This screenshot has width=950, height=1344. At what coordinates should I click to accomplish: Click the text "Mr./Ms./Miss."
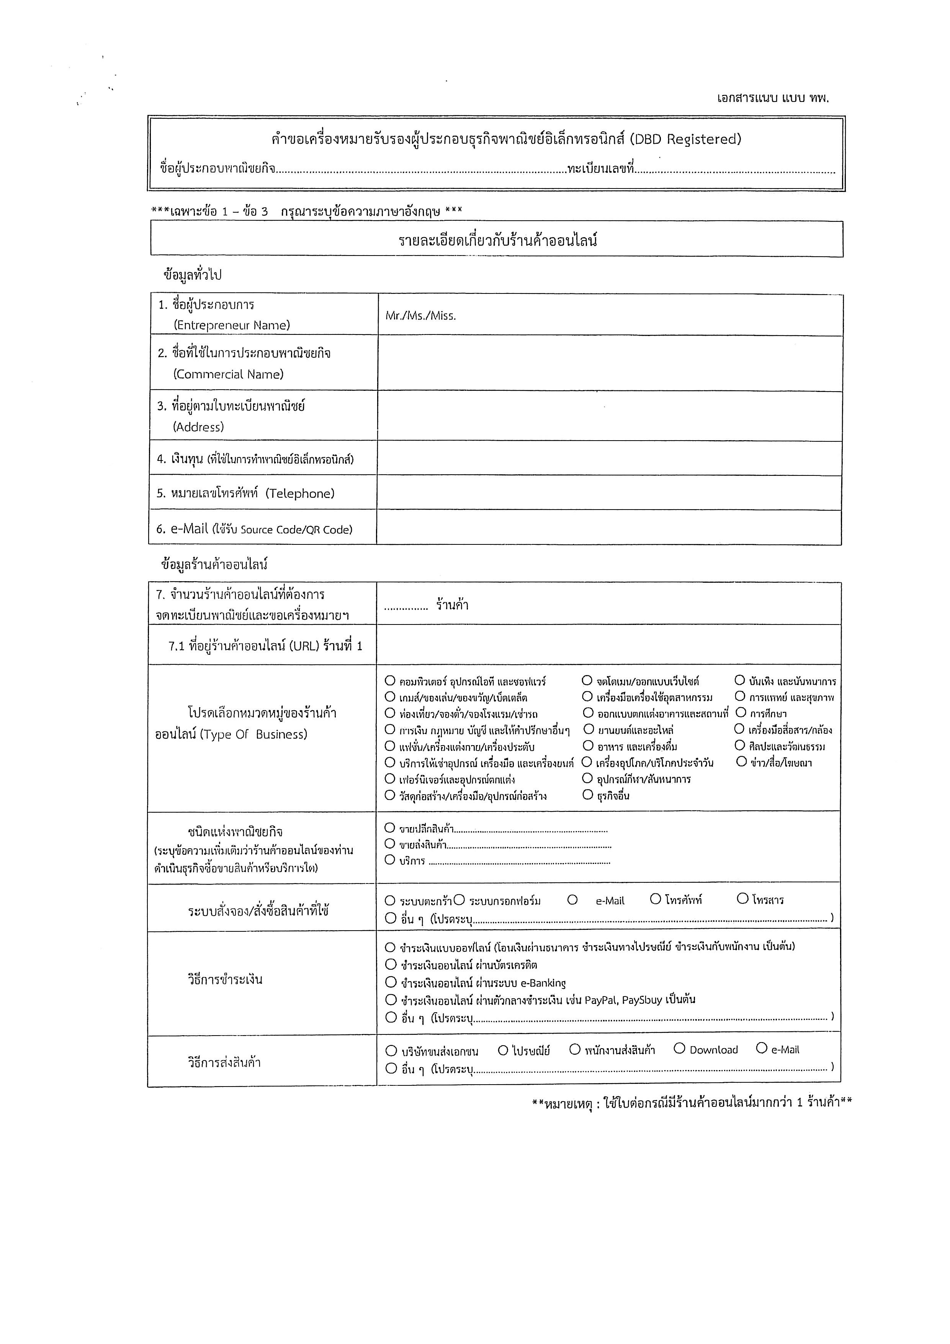(x=420, y=316)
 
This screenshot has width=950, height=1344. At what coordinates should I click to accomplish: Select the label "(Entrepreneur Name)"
(x=232, y=325)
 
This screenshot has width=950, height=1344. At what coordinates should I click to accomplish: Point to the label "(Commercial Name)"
(x=228, y=375)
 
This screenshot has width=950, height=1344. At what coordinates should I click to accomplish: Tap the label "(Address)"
(x=198, y=427)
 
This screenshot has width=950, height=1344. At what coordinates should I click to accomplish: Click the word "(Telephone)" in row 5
(x=300, y=493)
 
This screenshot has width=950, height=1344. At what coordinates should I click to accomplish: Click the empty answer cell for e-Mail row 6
(x=608, y=528)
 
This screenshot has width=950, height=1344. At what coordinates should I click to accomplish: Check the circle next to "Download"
(x=679, y=1048)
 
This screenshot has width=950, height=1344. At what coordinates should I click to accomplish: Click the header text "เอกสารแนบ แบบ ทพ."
(x=773, y=98)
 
